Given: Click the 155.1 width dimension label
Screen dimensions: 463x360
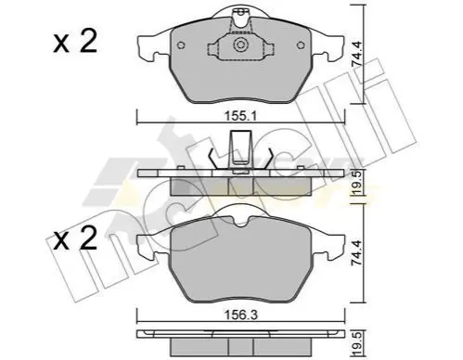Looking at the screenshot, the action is pyautogui.click(x=241, y=117).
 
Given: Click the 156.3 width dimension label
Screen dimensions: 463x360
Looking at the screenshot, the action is pyautogui.click(x=241, y=315).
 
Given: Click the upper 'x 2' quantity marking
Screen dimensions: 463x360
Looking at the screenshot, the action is pyautogui.click(x=75, y=41).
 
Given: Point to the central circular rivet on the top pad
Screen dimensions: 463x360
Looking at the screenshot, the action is pyautogui.click(x=240, y=45).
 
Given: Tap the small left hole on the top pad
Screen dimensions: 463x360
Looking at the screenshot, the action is pyautogui.click(x=181, y=45).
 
